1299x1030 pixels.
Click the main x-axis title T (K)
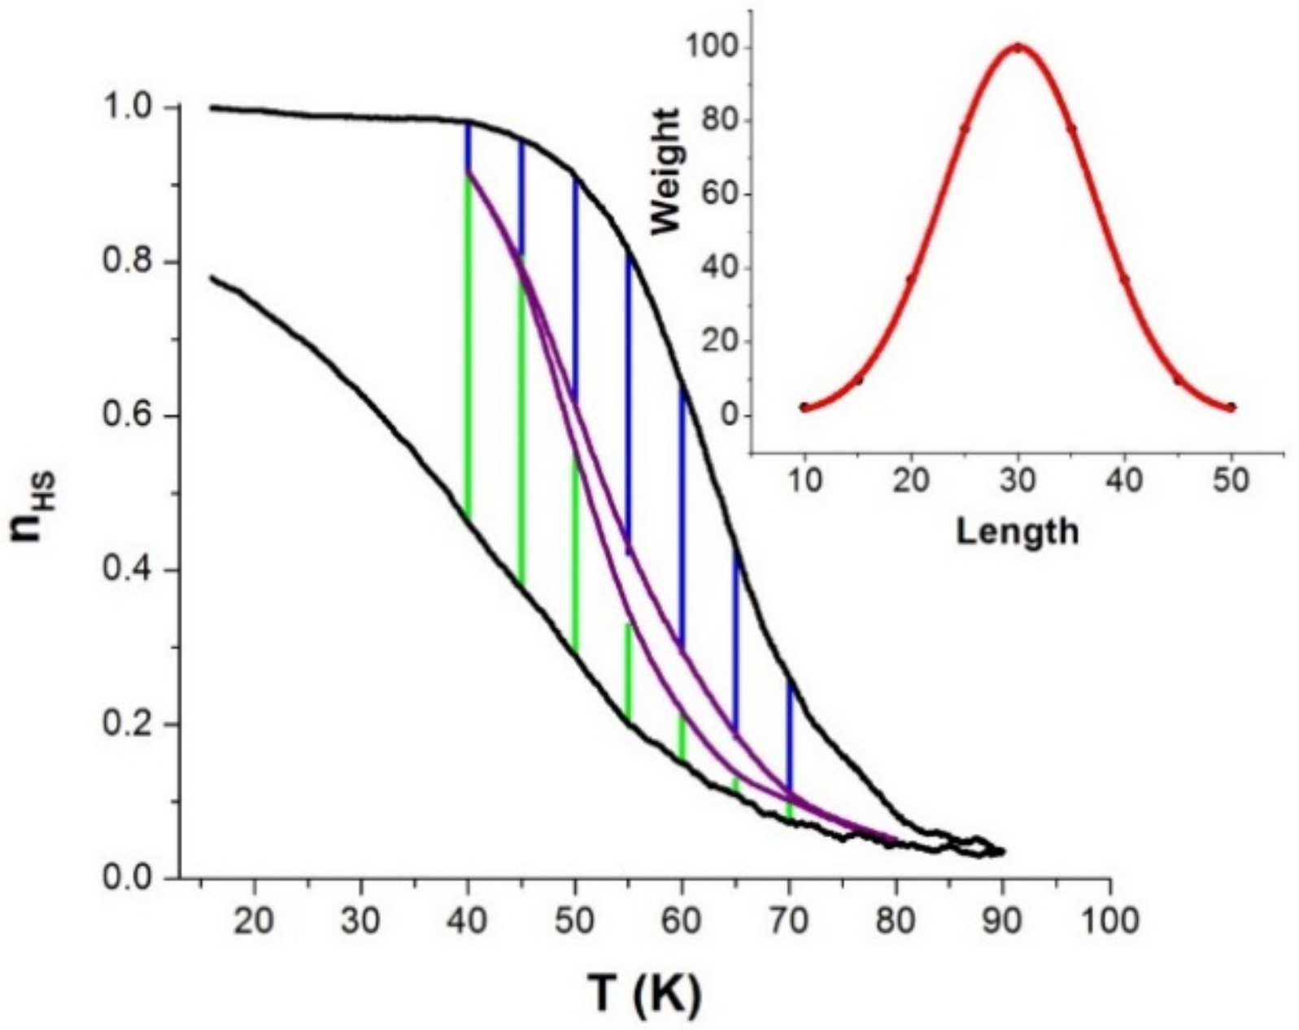tap(643, 993)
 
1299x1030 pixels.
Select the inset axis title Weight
tap(667, 169)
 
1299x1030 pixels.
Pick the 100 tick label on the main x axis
tap(1109, 922)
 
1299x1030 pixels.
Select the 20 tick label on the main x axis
tap(254, 922)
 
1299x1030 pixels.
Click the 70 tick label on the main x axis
tap(788, 922)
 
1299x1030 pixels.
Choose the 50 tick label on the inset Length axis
tap(1231, 481)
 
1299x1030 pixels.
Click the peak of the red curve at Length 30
tap(1018, 47)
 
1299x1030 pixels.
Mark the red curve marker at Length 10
tap(804, 407)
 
